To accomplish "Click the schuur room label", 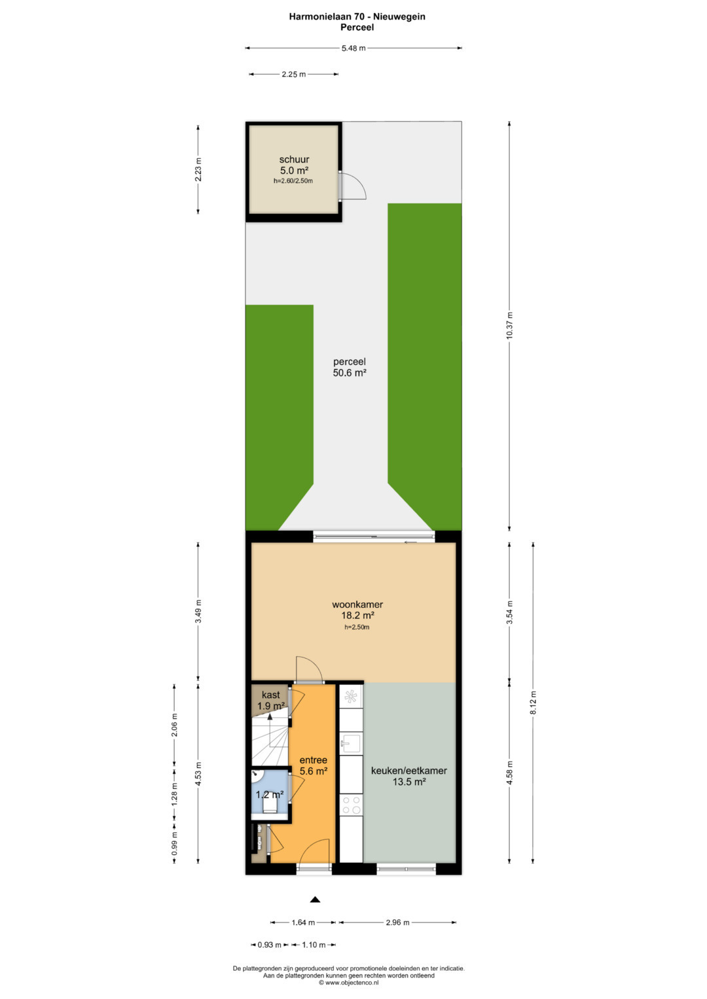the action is [294, 159].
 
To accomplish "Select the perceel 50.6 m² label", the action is [350, 368].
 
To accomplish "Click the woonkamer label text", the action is [357, 605].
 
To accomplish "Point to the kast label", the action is [270, 694].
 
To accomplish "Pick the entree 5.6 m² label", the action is [314, 765].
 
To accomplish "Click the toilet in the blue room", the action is [270, 805].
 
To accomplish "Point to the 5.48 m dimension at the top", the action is [353, 48].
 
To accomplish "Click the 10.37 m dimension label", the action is [509, 326].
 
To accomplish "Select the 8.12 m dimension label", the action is [533, 703].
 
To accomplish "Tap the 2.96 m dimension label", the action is [397, 922].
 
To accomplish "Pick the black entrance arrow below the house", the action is [315, 899].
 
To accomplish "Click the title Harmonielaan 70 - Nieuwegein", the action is [357, 16].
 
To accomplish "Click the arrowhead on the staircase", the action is [269, 716].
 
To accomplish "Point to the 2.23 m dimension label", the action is [198, 169].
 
